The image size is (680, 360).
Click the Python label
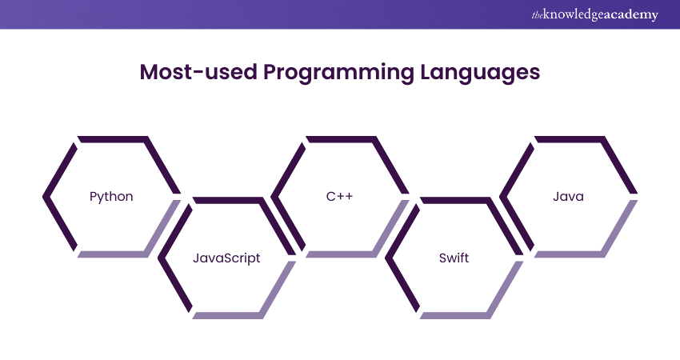coord(111,197)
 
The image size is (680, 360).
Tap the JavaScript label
coord(226,258)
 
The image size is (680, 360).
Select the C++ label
coord(339,196)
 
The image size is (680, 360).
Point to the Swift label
coord(454,258)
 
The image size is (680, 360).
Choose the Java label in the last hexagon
coord(568,197)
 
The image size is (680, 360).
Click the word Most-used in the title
coord(198,71)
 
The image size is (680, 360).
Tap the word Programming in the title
coord(338,73)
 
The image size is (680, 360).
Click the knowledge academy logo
coord(594,14)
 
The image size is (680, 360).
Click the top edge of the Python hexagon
coord(113,139)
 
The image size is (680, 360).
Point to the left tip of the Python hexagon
coord(43,197)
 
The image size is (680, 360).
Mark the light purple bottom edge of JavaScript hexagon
coord(227,315)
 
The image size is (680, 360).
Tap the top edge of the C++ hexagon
coord(342,139)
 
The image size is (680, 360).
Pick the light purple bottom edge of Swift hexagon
coord(455,315)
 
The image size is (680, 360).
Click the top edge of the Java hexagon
coord(570,139)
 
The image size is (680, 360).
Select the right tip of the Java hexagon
coord(637,194)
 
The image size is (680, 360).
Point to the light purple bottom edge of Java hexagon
coord(570,254)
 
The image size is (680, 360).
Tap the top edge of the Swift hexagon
coord(455,200)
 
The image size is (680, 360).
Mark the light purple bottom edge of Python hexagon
coord(113,254)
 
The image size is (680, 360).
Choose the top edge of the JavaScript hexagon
coord(227,200)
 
